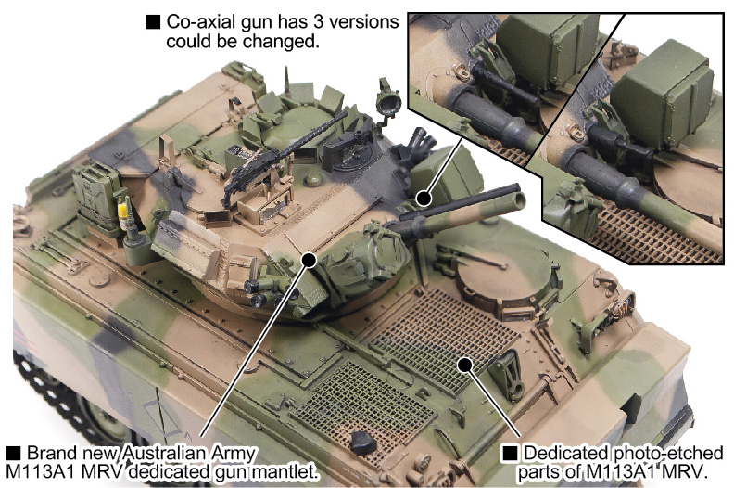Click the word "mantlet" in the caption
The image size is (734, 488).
tap(292, 471)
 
